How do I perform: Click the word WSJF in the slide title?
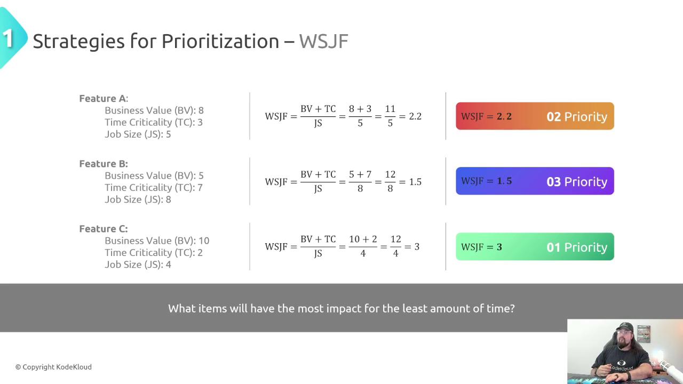click(323, 41)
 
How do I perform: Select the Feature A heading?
click(104, 99)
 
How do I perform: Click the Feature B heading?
click(104, 164)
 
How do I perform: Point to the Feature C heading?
click(104, 229)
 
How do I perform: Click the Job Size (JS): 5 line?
click(138, 134)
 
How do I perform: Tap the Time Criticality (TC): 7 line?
click(154, 187)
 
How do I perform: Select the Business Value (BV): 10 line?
click(157, 241)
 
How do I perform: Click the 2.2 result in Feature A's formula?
click(415, 116)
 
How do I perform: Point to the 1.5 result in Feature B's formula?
click(415, 182)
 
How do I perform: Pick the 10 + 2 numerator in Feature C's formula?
click(363, 239)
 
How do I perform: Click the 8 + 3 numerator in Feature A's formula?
click(360, 108)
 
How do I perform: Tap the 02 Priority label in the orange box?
click(577, 117)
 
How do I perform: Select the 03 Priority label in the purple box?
click(577, 182)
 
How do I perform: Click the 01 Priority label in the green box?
click(577, 247)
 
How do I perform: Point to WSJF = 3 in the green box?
click(481, 247)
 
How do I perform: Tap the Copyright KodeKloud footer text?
click(53, 367)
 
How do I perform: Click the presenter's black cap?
click(624, 326)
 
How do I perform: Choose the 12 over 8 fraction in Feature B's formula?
click(390, 181)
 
